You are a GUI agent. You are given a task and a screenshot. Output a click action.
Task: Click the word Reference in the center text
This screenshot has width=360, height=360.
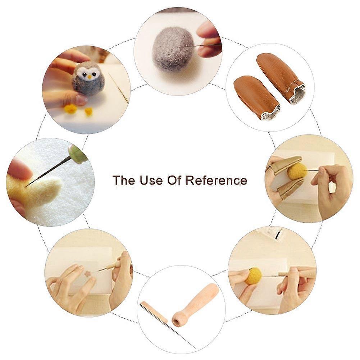[217, 180]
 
